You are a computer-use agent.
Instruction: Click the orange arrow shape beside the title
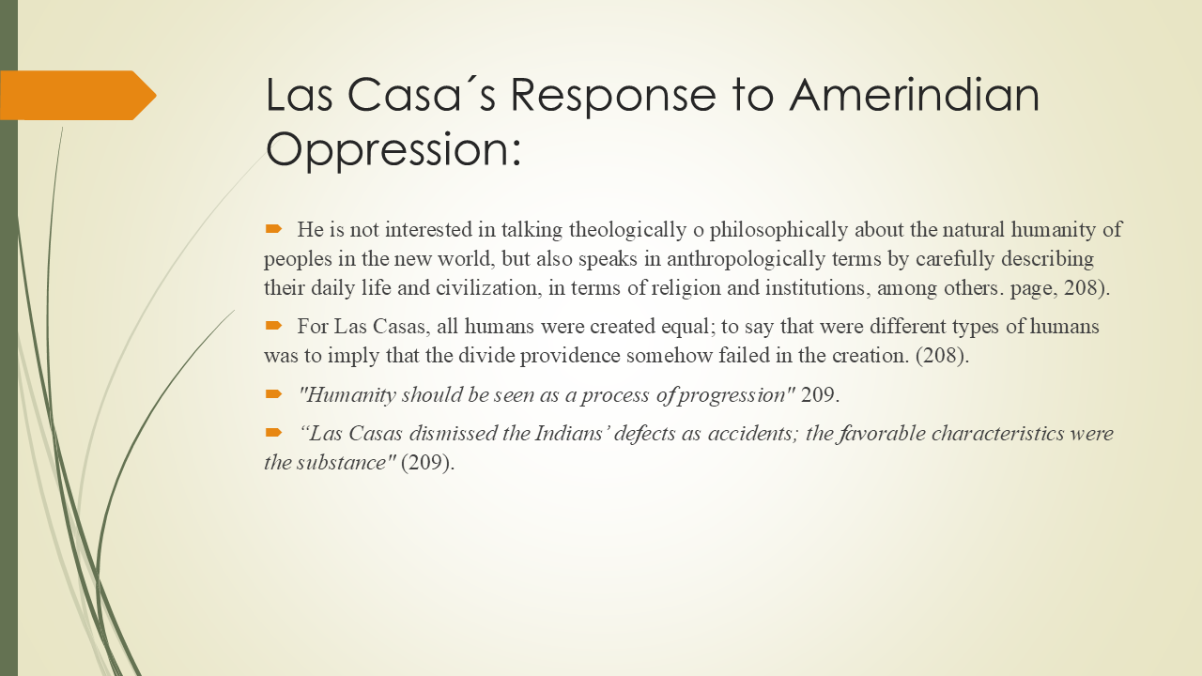[79, 96]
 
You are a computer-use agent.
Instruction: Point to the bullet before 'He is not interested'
[274, 228]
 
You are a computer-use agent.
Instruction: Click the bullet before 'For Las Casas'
[274, 325]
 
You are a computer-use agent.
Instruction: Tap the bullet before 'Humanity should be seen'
[274, 392]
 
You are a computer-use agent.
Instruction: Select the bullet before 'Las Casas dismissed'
[274, 432]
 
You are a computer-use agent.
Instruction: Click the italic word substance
[348, 463]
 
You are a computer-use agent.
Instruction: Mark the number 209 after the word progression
[817, 395]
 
